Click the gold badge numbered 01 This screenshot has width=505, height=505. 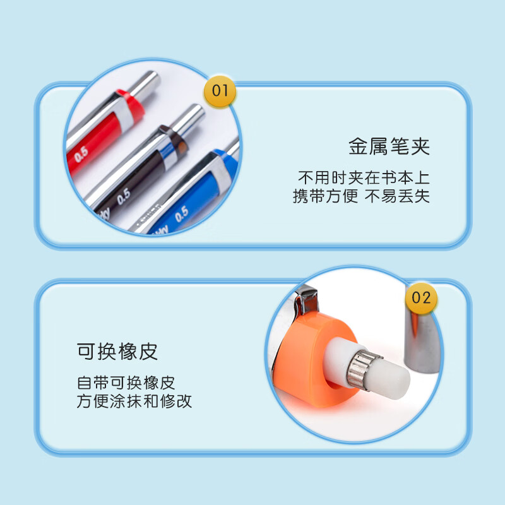click(x=220, y=92)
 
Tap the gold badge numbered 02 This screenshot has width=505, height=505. click(x=421, y=298)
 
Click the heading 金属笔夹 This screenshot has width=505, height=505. click(x=389, y=146)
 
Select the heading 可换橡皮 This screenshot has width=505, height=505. click(x=117, y=352)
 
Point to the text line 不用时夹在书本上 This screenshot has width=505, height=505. click(x=364, y=178)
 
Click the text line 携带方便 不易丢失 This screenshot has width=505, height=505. click(x=361, y=196)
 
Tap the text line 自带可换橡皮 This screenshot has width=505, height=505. click(x=126, y=383)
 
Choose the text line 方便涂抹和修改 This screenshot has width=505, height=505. click(x=134, y=401)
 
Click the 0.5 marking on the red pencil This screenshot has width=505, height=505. click(x=81, y=154)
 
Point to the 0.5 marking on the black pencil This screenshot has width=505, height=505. click(x=123, y=196)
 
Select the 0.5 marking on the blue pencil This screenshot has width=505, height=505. click(x=181, y=214)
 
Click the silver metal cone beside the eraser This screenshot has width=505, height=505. click(x=420, y=342)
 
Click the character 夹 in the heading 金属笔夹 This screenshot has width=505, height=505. click(x=420, y=146)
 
